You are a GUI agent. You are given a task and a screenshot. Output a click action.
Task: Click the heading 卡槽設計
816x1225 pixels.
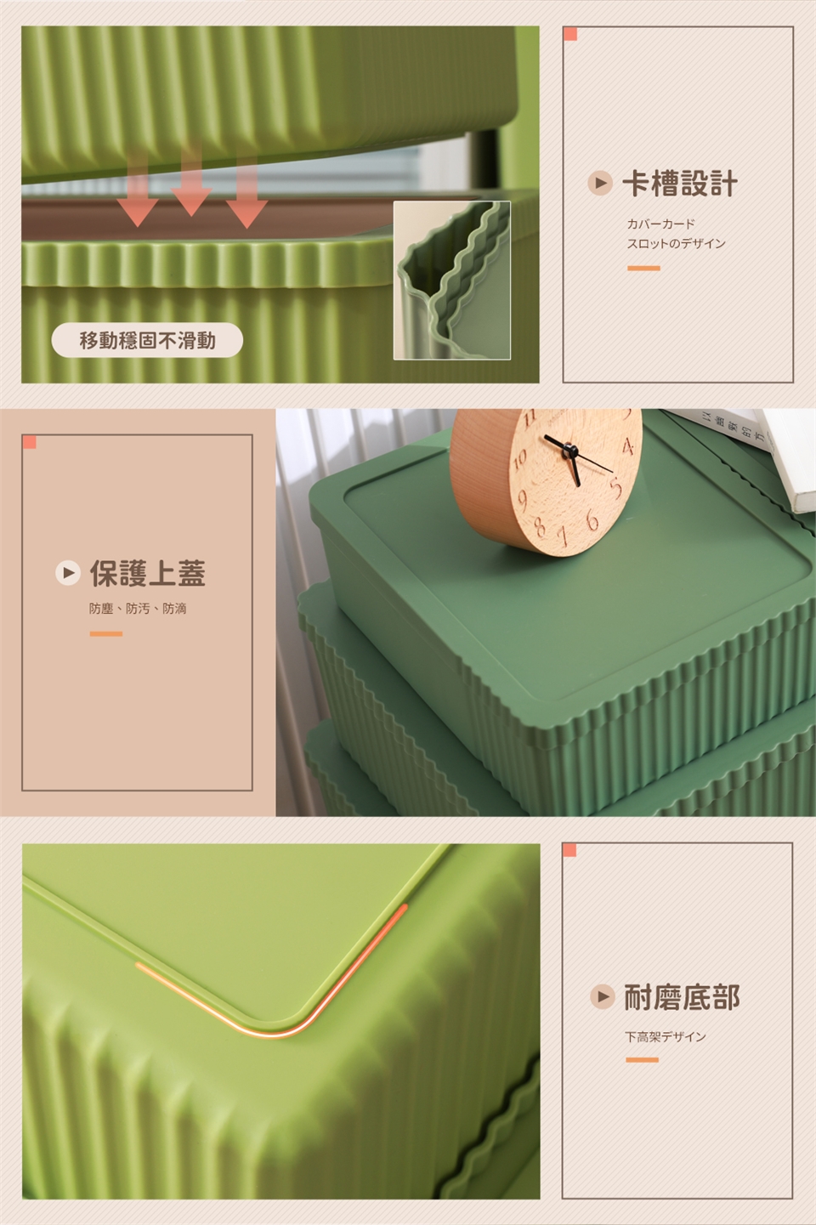[680, 184]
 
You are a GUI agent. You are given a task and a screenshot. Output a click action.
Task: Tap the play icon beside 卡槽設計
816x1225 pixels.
[600, 183]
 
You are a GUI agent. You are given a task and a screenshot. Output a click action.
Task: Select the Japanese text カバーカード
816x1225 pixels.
[660, 224]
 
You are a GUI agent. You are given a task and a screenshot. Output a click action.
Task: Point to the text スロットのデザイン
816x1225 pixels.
[676, 243]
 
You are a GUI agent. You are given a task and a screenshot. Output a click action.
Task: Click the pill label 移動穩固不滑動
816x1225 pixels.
[147, 340]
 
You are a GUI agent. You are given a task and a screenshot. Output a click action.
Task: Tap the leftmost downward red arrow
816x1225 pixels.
[138, 189]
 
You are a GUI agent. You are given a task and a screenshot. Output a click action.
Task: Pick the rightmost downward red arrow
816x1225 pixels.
[246, 191]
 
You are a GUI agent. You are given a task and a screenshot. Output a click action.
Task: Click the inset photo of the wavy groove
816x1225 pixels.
[451, 281]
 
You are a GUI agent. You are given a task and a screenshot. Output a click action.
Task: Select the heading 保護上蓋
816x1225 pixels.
[148, 573]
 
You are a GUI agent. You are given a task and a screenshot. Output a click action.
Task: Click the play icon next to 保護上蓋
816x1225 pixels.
[68, 573]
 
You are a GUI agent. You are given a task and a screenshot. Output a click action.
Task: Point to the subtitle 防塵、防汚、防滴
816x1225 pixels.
[138, 609]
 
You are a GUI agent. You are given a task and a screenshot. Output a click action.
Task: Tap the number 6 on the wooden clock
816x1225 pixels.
[592, 520]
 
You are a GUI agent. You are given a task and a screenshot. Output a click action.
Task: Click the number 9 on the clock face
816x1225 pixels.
[523, 501]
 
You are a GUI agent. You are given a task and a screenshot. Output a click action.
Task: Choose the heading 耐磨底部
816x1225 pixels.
[682, 997]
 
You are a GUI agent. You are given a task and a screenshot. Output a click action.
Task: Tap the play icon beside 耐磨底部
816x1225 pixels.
[603, 996]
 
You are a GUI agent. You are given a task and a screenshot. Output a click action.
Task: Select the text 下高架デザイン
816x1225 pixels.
[666, 1037]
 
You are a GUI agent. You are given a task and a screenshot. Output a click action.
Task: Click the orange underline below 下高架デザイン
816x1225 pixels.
[642, 1060]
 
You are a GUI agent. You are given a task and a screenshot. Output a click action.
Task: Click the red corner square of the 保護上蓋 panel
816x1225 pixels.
[30, 442]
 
